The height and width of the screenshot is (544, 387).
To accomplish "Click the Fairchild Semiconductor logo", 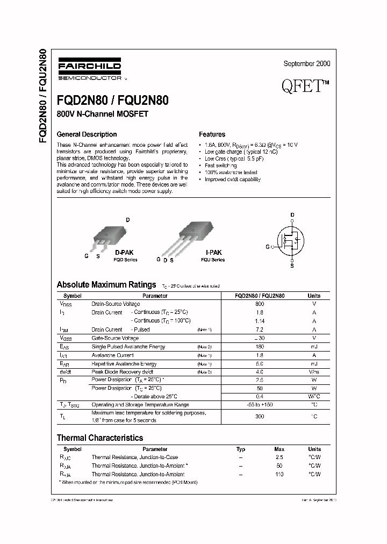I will click(89, 69).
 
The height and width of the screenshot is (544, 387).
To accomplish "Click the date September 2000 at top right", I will click(306, 63).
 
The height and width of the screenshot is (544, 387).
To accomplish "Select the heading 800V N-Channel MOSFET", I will click(102, 114).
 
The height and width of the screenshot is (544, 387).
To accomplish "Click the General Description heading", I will click(87, 134).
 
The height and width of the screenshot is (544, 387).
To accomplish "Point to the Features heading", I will click(212, 134).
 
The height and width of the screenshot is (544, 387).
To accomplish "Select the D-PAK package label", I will click(125, 252).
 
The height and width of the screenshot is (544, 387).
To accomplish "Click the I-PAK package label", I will click(213, 252).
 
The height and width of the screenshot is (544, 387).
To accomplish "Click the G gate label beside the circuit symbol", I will click(267, 247).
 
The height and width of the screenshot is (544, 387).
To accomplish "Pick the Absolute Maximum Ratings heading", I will click(106, 284).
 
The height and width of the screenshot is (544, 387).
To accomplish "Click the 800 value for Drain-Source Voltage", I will click(260, 304).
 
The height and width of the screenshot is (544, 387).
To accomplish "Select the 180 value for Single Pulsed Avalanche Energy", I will click(260, 347).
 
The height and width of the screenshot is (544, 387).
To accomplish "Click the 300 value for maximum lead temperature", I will click(260, 416).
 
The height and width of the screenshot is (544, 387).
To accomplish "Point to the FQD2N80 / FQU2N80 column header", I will click(260, 296).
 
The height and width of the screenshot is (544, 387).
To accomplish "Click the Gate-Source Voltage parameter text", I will click(115, 338).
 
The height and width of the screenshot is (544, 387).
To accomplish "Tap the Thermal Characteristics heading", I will click(100, 438).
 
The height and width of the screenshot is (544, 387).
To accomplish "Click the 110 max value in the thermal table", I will click(278, 475).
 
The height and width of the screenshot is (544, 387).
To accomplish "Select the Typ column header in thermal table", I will click(240, 449).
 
